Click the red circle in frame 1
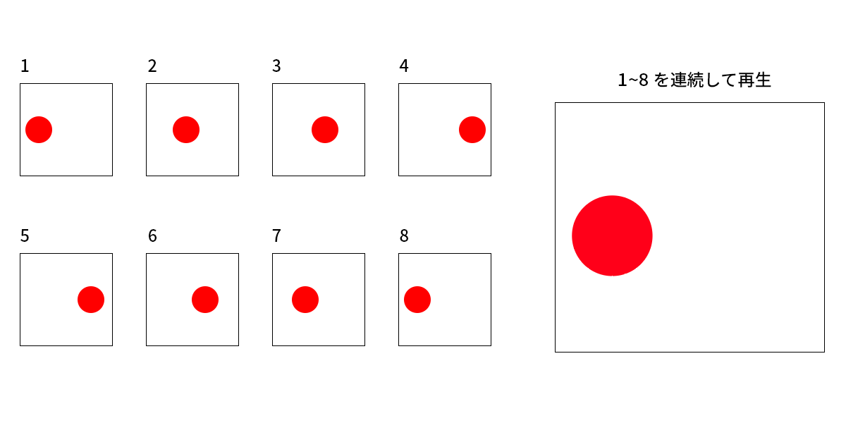39,130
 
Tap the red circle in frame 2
186,130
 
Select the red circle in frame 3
325,130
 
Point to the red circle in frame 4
472,130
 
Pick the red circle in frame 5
91,300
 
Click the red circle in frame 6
204,300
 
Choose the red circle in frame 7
305,300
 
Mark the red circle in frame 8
417,300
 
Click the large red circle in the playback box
612,235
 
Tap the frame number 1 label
25,66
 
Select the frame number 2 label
152,66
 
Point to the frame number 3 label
276,66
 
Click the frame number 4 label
404,66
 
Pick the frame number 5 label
25,236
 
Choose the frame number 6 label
152,236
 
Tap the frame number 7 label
276,236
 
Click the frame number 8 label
404,236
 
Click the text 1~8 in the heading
633,80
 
